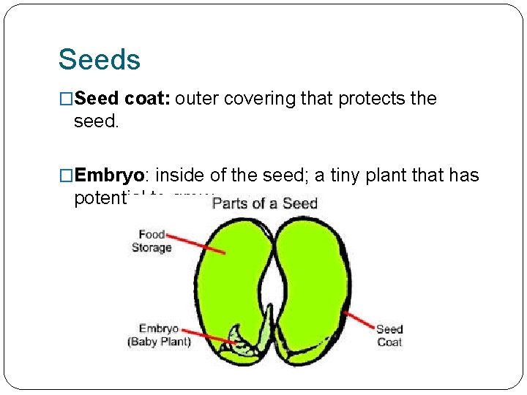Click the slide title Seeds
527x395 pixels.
pos(99,59)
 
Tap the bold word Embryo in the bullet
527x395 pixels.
pos(111,176)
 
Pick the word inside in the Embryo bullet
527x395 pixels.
pos(182,176)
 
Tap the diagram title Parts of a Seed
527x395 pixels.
pos(264,203)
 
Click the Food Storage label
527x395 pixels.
pos(152,241)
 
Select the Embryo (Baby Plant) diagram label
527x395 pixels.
pos(159,335)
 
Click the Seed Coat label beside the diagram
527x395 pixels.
pos(389,335)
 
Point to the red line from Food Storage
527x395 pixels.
pos(195,244)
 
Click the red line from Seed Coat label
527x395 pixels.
pos(359,320)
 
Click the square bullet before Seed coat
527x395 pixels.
pos(67,99)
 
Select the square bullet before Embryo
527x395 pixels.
pos(67,176)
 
